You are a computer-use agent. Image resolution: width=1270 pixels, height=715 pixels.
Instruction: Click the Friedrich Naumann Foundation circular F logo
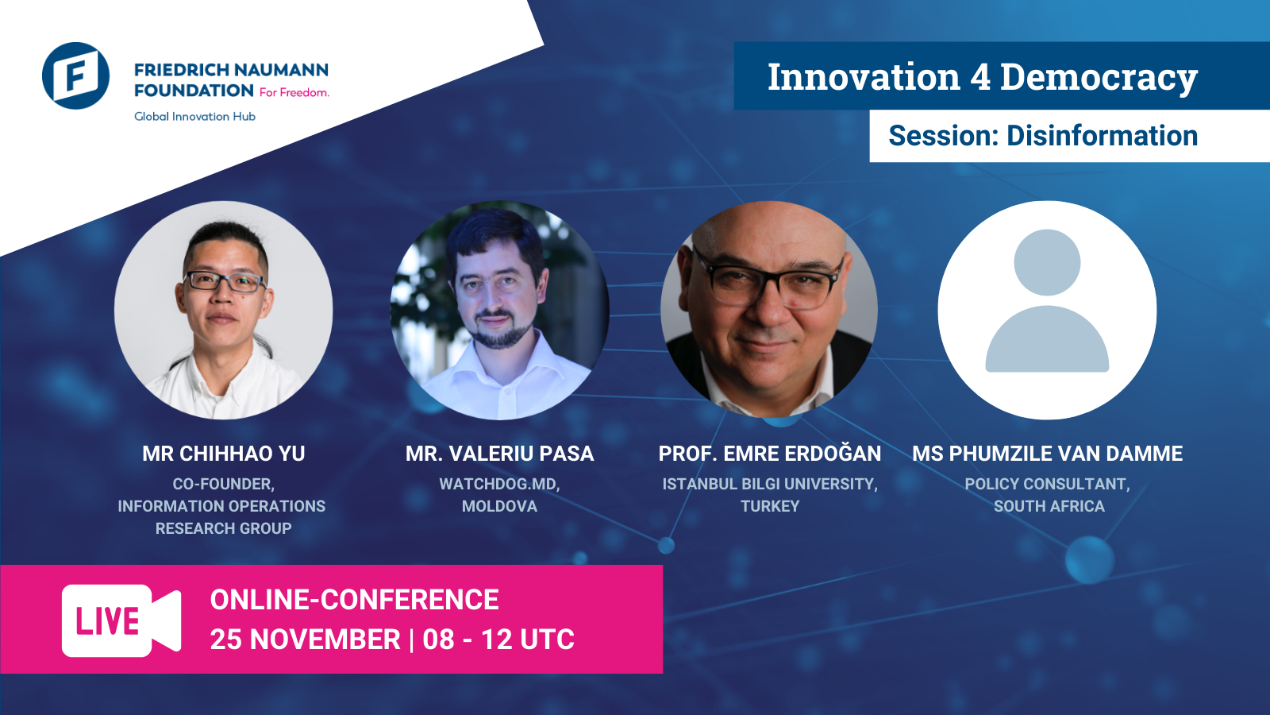(x=75, y=75)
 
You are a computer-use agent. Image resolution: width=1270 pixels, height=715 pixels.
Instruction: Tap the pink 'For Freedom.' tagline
(x=294, y=92)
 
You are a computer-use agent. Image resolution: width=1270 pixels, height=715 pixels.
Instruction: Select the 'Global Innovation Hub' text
(x=194, y=116)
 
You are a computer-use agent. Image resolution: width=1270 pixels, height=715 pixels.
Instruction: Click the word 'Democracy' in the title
(x=1099, y=78)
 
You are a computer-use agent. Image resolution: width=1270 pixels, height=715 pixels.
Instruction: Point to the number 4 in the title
(x=980, y=76)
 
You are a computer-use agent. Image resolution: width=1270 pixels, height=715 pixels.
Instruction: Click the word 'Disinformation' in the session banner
(x=1103, y=136)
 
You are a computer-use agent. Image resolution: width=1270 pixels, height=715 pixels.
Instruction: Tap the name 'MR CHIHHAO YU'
(x=223, y=454)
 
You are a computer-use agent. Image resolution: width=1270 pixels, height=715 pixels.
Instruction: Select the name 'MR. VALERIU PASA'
(x=499, y=454)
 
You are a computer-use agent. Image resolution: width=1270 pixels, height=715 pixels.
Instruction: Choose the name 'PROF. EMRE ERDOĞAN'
(x=769, y=453)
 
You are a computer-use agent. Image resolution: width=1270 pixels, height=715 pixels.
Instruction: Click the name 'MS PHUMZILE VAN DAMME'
(x=1047, y=454)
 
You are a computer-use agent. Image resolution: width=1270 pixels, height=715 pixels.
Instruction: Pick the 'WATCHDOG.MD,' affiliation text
(x=499, y=484)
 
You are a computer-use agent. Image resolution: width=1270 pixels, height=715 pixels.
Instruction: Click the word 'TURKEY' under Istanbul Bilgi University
(x=770, y=506)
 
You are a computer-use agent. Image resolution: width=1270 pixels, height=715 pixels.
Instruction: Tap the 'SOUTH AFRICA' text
(x=1049, y=506)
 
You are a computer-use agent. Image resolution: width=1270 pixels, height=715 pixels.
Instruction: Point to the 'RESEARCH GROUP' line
(x=223, y=528)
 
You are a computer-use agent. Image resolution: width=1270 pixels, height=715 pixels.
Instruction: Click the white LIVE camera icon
(x=121, y=620)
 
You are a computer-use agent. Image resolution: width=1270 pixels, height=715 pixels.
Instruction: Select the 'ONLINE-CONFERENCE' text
(x=354, y=600)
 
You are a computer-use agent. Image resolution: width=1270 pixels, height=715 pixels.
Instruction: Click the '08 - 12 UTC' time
(x=498, y=640)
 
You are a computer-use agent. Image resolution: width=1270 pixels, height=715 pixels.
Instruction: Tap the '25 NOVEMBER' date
(x=305, y=640)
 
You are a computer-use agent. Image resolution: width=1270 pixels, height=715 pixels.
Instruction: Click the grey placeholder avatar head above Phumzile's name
(x=1047, y=262)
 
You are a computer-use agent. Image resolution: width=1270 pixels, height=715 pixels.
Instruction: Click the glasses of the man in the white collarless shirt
(x=225, y=281)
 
